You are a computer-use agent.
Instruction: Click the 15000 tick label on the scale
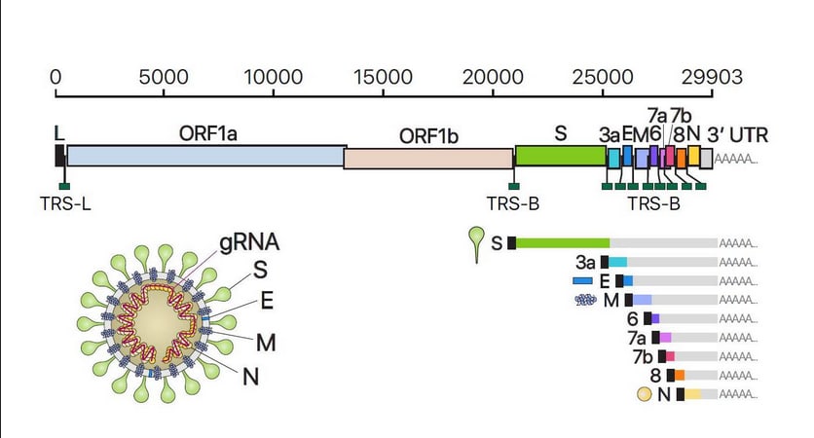[x=383, y=77]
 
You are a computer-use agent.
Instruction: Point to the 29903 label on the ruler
[x=712, y=77]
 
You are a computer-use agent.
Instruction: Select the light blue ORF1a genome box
[x=206, y=156]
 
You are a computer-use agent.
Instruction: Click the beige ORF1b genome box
[x=428, y=159]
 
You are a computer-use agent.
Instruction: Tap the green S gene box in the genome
[x=561, y=156]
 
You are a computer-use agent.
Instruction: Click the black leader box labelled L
[x=59, y=156]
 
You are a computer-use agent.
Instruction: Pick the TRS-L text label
[x=65, y=204]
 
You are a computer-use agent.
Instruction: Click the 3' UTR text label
[x=737, y=135]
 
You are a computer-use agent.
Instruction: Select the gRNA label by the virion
[x=249, y=242]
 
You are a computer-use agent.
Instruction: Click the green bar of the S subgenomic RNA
[x=563, y=243]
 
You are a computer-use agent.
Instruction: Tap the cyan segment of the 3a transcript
[x=617, y=262]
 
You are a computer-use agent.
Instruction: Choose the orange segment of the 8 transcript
[x=680, y=375]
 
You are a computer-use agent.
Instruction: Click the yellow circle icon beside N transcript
[x=645, y=394]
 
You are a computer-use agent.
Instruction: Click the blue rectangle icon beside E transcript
[x=582, y=281]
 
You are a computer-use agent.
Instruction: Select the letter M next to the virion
[x=266, y=343]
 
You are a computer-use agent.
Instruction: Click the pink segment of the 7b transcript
[x=670, y=356]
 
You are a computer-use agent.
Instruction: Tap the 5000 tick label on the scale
[x=164, y=77]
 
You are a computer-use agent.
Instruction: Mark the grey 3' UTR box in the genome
[x=706, y=159]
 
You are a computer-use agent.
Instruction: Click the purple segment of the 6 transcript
[x=655, y=318]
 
